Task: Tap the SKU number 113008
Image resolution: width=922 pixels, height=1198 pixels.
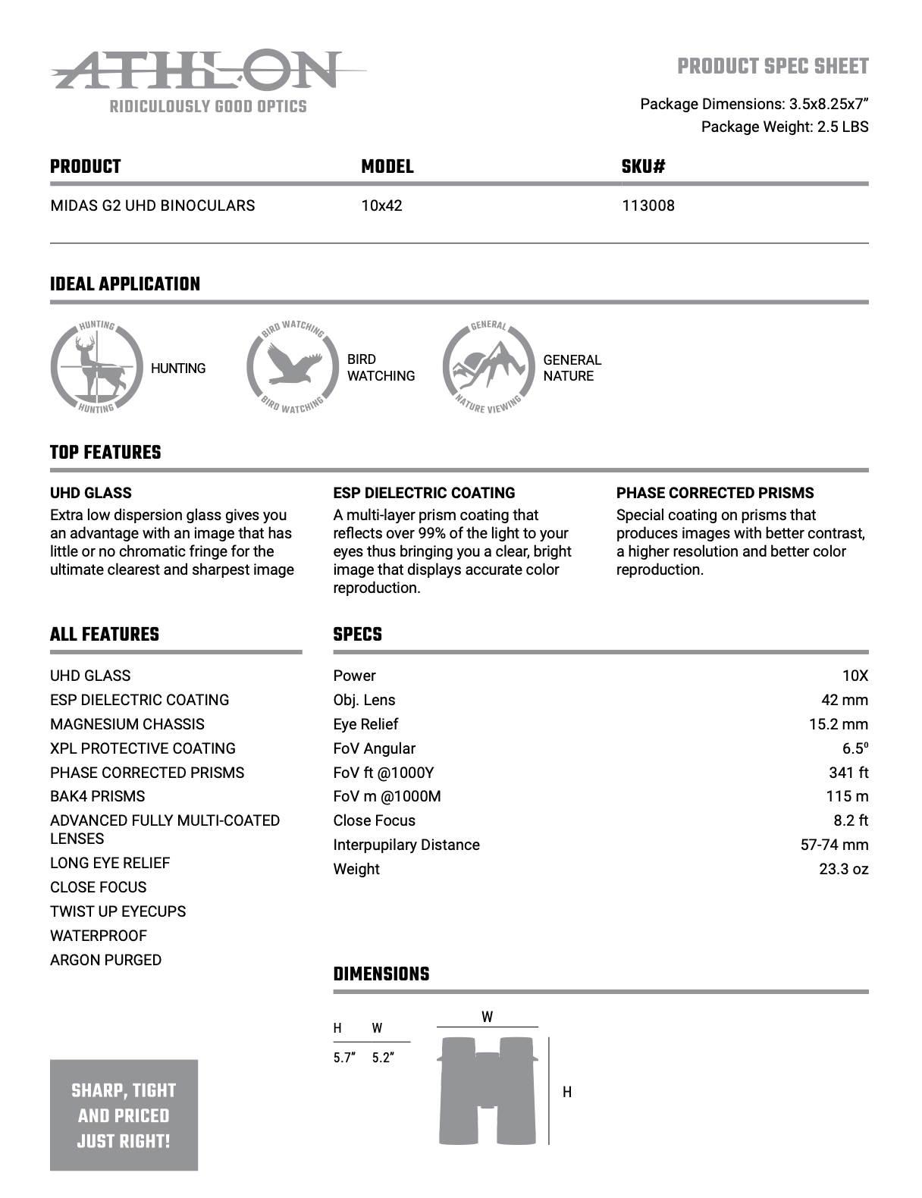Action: [648, 205]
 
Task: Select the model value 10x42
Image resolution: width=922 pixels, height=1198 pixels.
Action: [381, 205]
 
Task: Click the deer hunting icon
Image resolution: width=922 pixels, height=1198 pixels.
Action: [96, 368]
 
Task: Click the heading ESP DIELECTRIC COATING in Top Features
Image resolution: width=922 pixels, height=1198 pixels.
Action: [424, 493]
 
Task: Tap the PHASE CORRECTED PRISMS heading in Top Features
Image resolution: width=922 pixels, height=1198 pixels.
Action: [714, 493]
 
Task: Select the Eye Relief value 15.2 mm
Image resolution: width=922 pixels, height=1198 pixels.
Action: [838, 724]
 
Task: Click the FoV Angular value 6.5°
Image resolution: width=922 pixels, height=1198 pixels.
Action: [855, 748]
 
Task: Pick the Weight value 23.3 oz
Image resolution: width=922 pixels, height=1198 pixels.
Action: [843, 869]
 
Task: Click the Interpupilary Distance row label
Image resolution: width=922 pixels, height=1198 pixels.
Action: [406, 845]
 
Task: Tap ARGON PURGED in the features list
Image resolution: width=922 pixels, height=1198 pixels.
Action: [105, 960]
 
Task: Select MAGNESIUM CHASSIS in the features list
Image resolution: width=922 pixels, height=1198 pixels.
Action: [127, 724]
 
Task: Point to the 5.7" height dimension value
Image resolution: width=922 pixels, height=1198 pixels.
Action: [344, 1058]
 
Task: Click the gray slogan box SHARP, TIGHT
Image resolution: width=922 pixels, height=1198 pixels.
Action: [124, 1115]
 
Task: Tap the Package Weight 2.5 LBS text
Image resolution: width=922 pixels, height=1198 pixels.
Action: [784, 127]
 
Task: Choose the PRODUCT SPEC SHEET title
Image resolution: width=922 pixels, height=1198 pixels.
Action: [773, 67]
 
